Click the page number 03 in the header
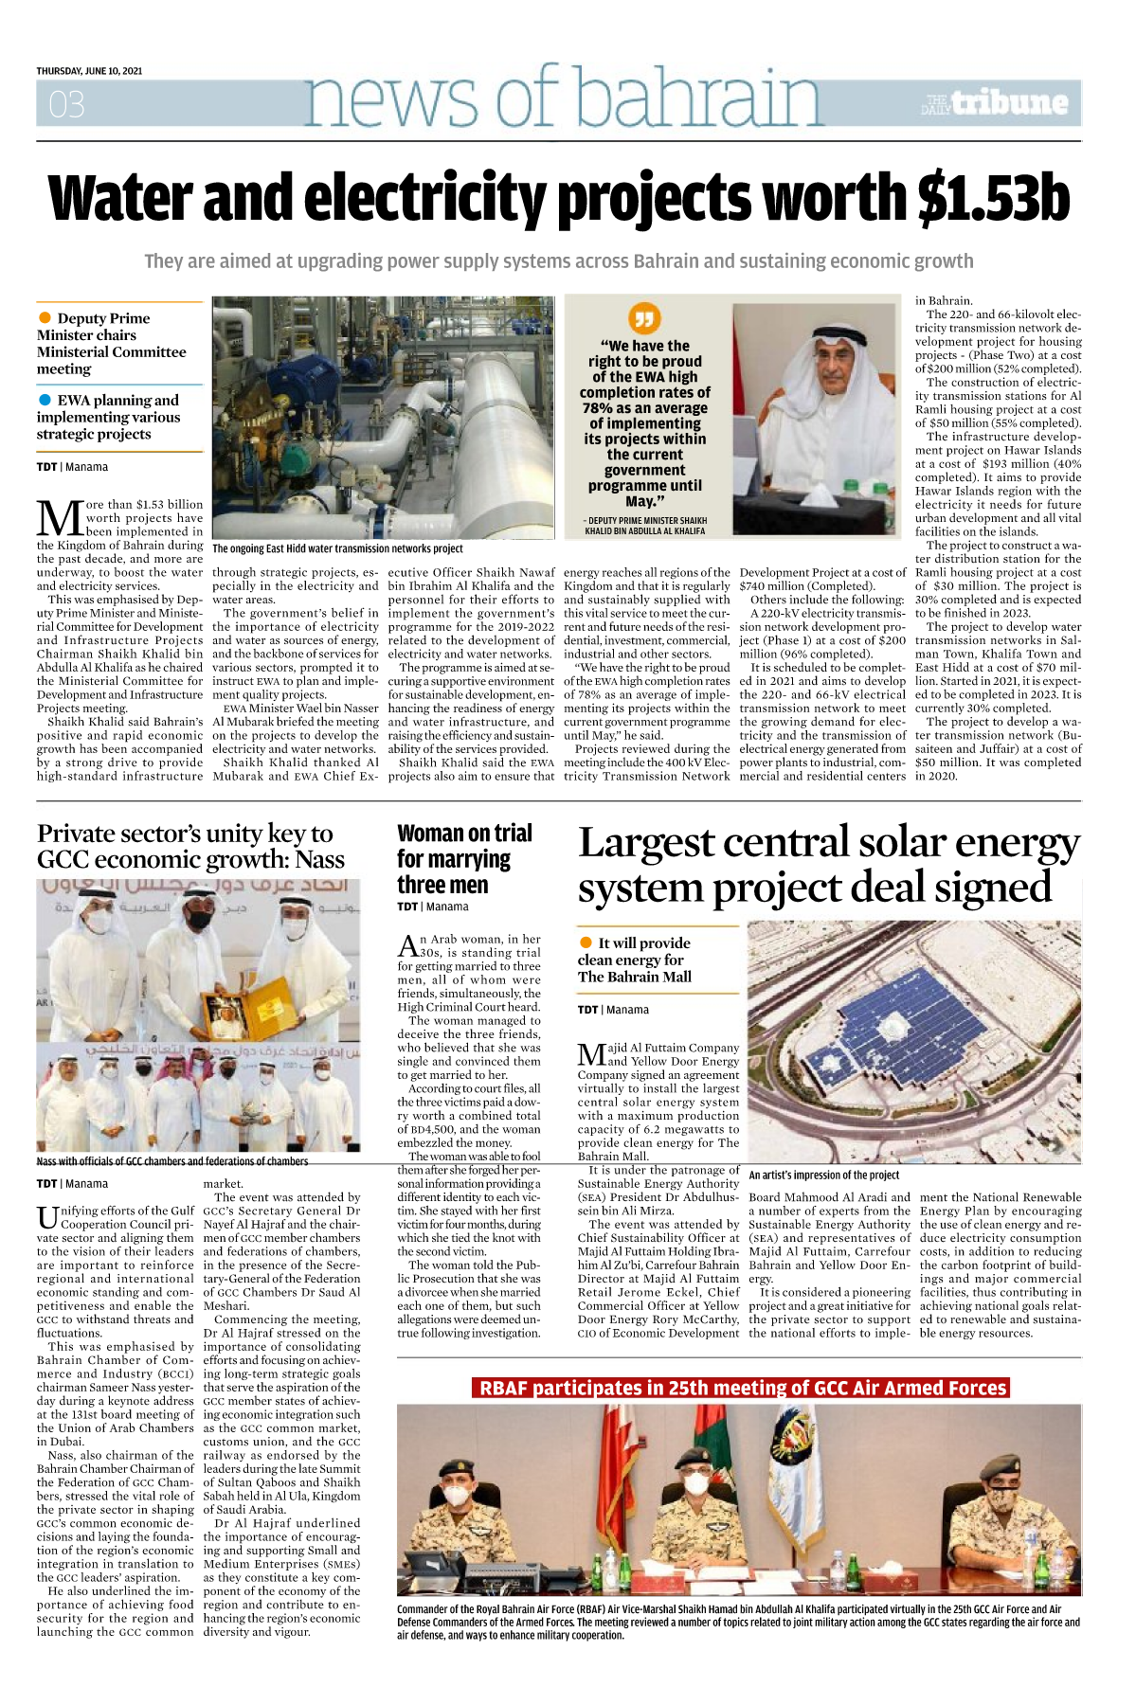click(x=66, y=103)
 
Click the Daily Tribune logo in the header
click(x=996, y=102)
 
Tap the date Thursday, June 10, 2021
click(x=89, y=71)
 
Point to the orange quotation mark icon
click(x=644, y=317)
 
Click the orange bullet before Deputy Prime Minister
click(x=45, y=317)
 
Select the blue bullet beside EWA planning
click(x=45, y=400)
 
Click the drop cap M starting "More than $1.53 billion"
click(x=59, y=518)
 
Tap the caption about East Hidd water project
click(x=337, y=548)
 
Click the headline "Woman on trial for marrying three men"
click(x=464, y=858)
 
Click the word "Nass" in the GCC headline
click(x=319, y=859)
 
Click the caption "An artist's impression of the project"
click(x=823, y=1175)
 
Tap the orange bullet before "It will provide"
click(x=586, y=942)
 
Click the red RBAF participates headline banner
click(x=741, y=1388)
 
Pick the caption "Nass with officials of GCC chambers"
click(x=172, y=1160)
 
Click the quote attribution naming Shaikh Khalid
click(x=644, y=526)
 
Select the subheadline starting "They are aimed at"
click(x=558, y=260)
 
